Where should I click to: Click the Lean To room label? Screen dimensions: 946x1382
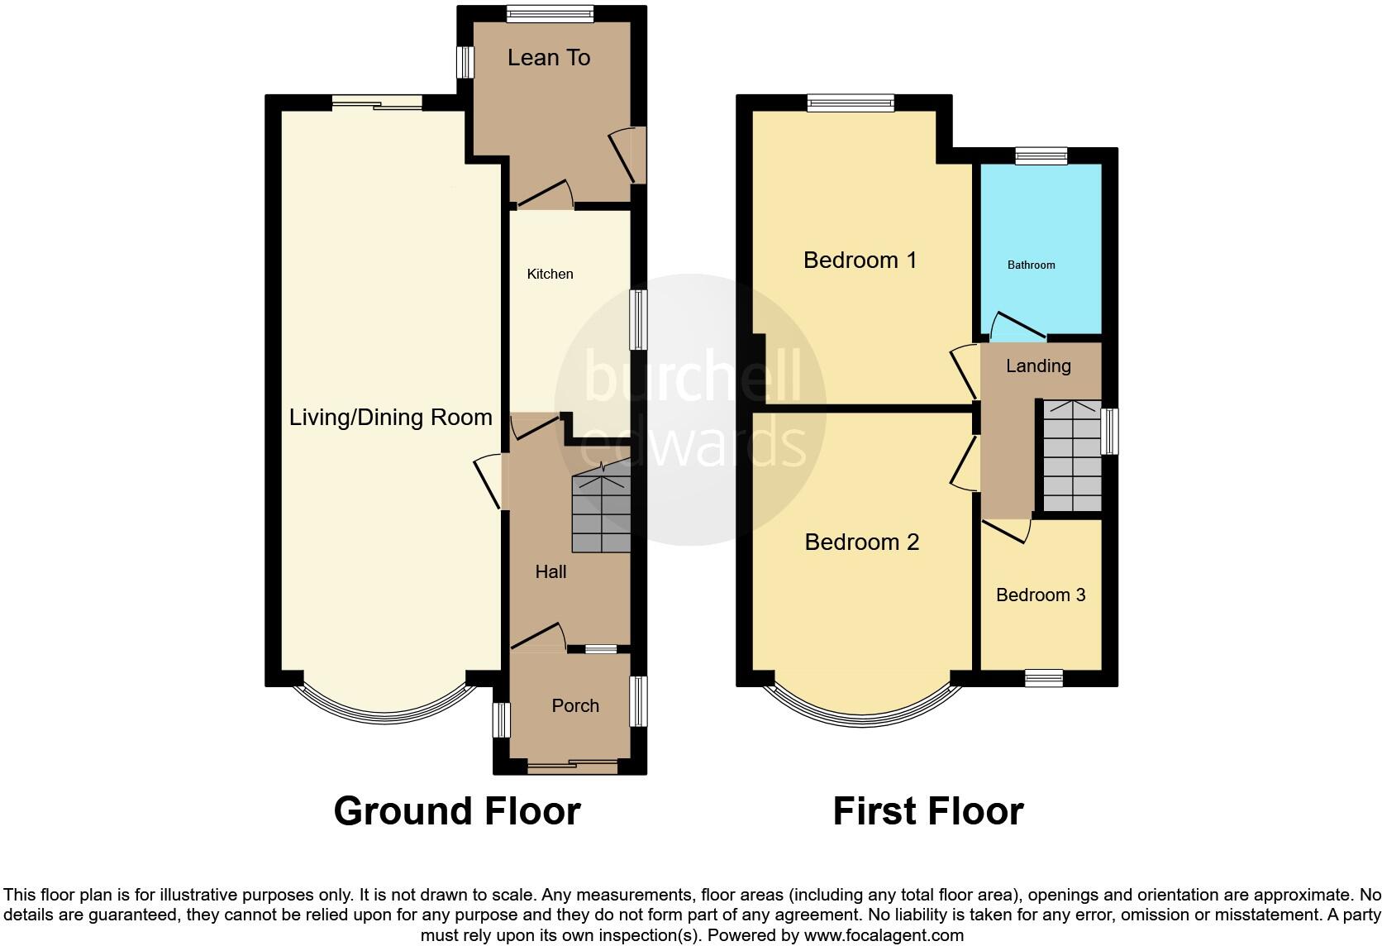[x=549, y=58]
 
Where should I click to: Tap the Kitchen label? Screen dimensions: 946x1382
[x=550, y=274]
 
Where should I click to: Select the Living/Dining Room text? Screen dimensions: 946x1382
[x=390, y=417]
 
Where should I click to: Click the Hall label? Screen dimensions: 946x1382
[x=550, y=571]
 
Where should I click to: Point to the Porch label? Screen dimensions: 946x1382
[x=575, y=705]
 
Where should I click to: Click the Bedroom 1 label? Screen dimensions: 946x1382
[x=860, y=260]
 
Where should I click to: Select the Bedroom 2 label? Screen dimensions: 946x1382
[x=861, y=542]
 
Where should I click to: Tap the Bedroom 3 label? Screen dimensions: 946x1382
[x=1040, y=595]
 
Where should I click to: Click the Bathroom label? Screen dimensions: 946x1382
[x=1031, y=265]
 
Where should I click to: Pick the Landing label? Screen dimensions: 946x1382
[x=1038, y=365]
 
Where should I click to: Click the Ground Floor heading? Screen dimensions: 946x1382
[x=456, y=810]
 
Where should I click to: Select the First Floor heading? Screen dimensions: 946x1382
[x=927, y=810]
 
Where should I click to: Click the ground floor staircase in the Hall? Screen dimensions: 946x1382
[x=601, y=513]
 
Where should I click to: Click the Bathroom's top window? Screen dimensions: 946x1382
[x=1041, y=155]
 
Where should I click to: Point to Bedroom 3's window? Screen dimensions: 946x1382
[x=1044, y=678]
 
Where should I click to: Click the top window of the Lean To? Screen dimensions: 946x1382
[x=550, y=12]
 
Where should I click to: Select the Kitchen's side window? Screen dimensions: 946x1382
[x=638, y=319]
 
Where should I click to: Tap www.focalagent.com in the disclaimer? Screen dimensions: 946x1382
[x=884, y=935]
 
